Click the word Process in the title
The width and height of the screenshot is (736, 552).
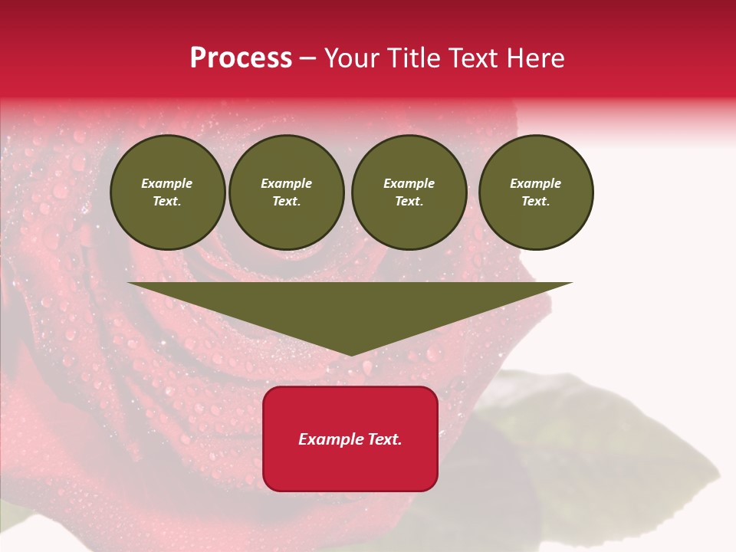coord(241,58)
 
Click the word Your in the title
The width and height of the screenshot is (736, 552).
coord(353,58)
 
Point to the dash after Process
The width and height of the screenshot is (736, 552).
coord(308,59)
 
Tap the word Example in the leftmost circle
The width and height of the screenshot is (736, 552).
coord(167,183)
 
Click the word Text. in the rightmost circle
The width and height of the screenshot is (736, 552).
coord(535,201)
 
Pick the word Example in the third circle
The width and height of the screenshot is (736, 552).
coord(409,183)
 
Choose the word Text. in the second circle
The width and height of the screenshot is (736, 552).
coord(286,201)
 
